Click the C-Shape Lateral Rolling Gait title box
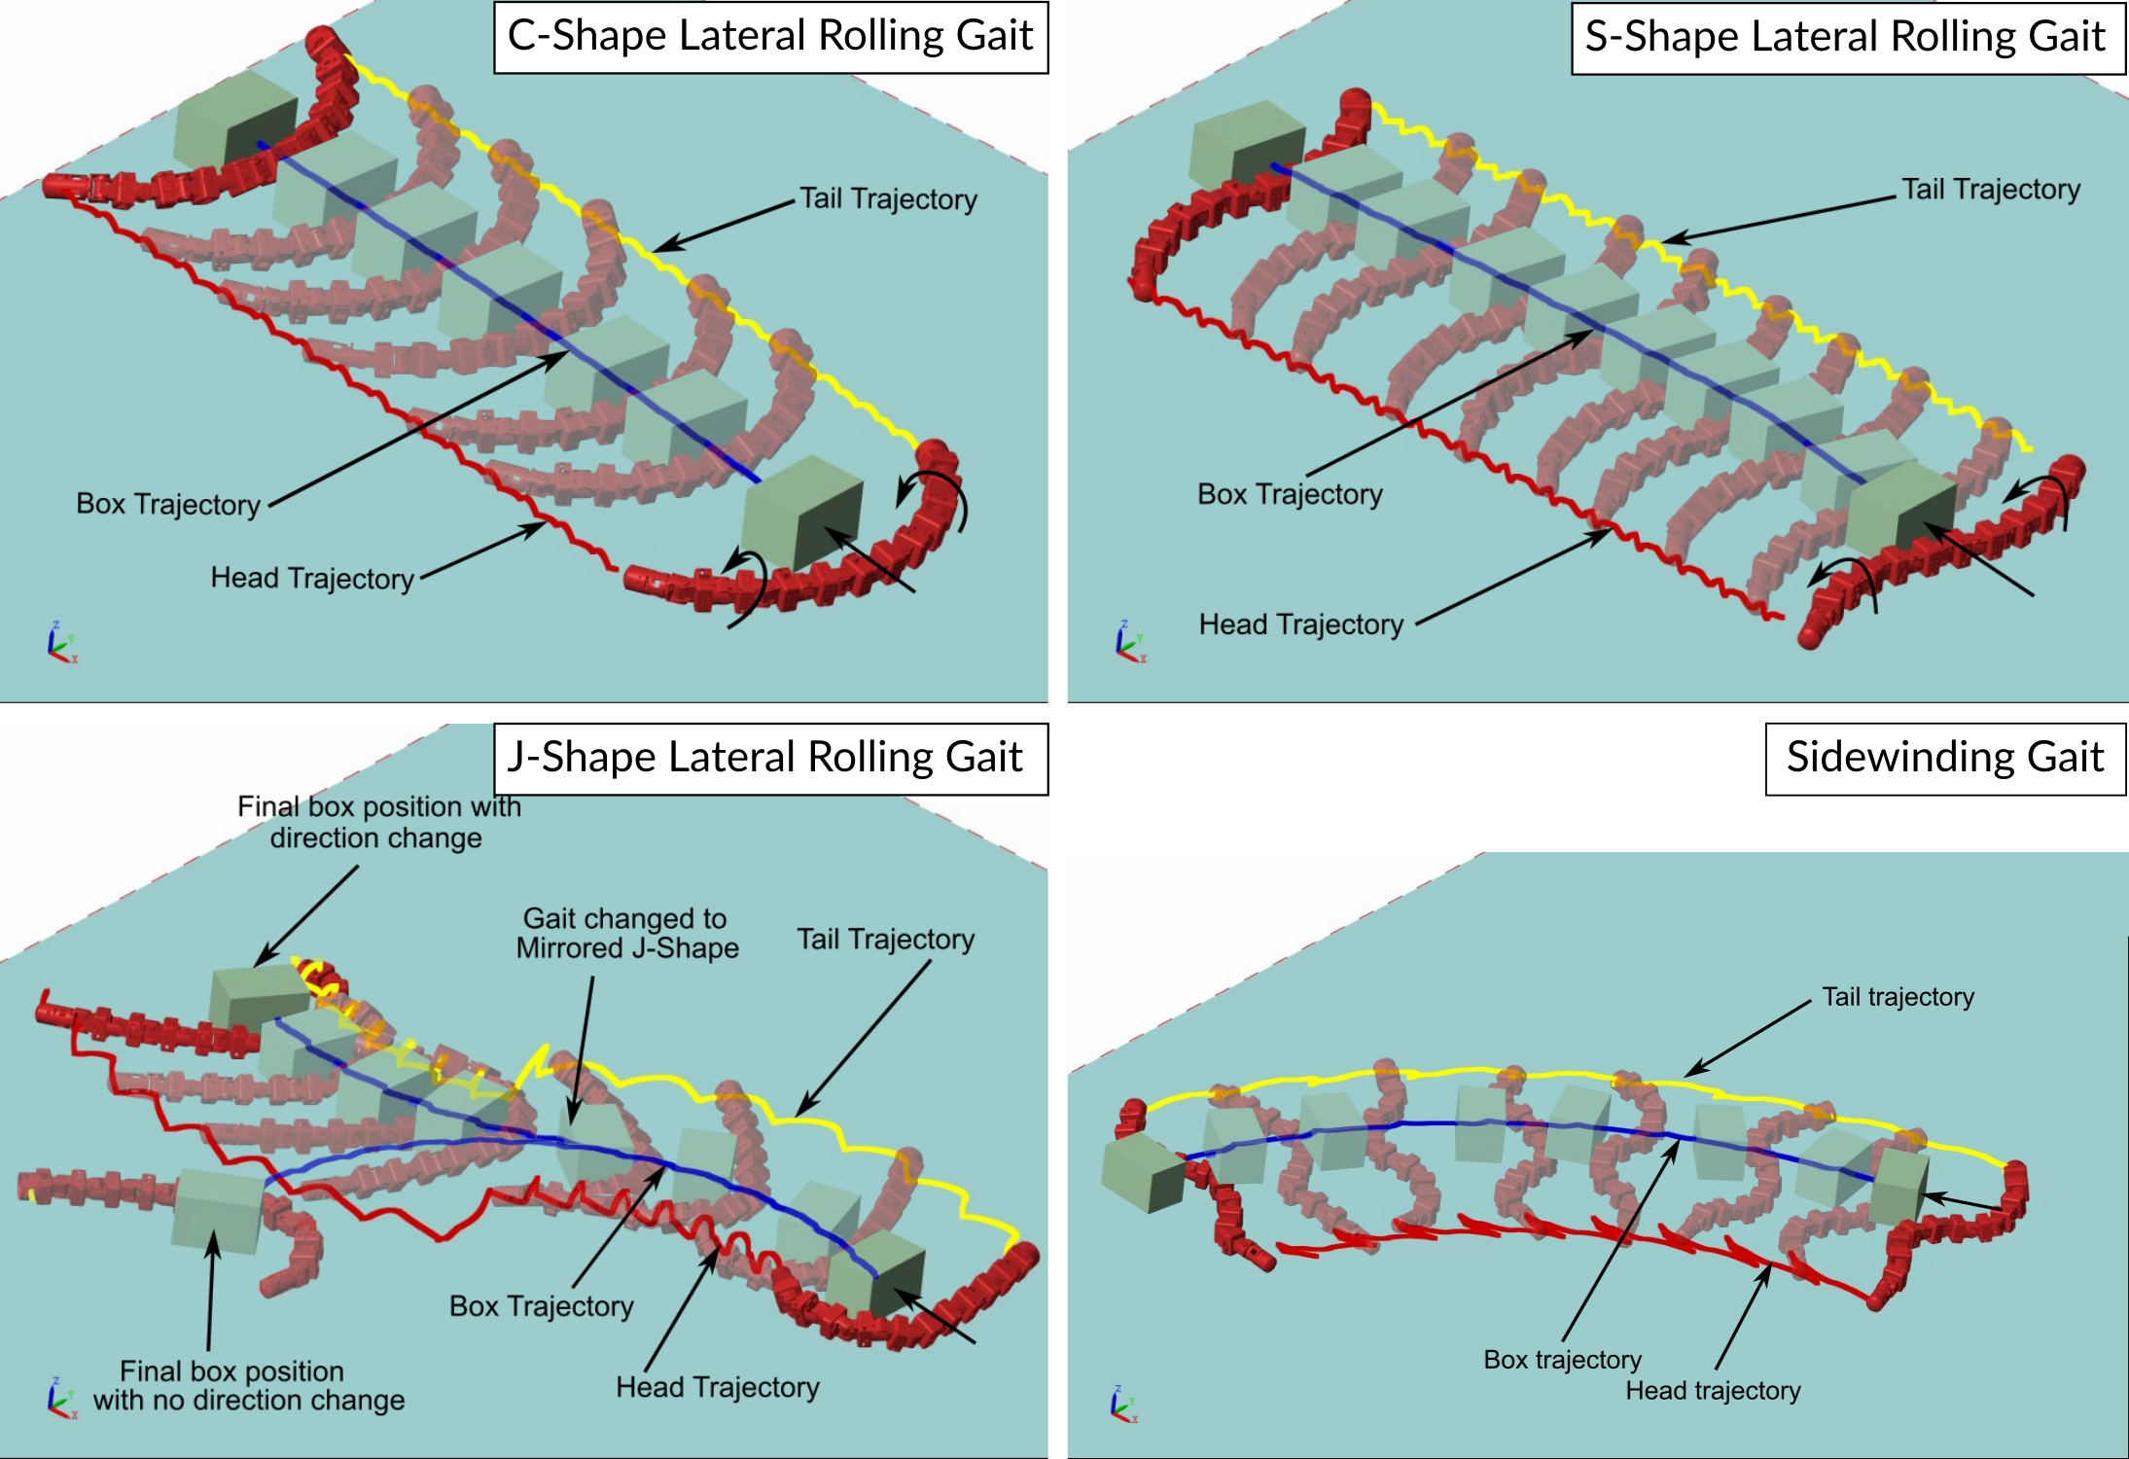pyautogui.click(x=770, y=37)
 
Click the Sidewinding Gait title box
pyautogui.click(x=1944, y=758)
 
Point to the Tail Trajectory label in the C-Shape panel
pyautogui.click(x=888, y=198)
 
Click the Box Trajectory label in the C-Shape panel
pyautogui.click(x=168, y=504)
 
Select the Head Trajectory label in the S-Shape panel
pyautogui.click(x=1300, y=624)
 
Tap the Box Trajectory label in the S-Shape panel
pyautogui.click(x=1289, y=494)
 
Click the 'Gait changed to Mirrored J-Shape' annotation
pyautogui.click(x=626, y=933)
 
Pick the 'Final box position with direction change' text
pyautogui.click(x=378, y=822)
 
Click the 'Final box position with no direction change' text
pyautogui.click(x=247, y=1385)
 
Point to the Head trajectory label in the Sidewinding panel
pyautogui.click(x=1713, y=1391)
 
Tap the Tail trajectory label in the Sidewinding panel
pyautogui.click(x=1898, y=997)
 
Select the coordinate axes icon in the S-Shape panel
pyautogui.click(x=1129, y=643)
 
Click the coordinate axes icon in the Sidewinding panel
pyautogui.click(x=1122, y=1405)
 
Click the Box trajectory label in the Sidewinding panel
pyautogui.click(x=1562, y=1360)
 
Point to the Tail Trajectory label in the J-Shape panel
pyautogui.click(x=885, y=940)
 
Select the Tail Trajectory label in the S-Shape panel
pyautogui.click(x=1990, y=190)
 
